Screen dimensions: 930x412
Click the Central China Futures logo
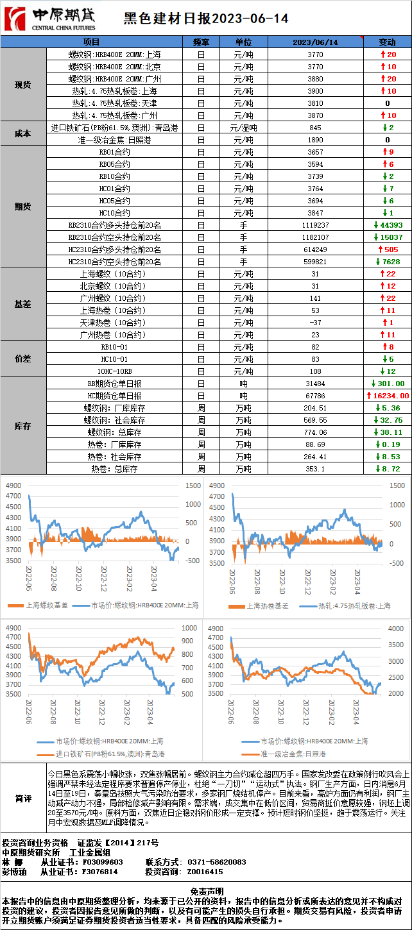point(50,19)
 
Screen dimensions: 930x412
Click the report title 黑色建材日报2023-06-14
point(206,19)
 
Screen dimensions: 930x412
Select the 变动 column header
point(387,42)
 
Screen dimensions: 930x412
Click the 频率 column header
point(201,42)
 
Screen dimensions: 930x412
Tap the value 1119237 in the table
point(315,225)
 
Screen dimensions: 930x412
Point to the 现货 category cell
point(23,85)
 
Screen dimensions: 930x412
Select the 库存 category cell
point(23,426)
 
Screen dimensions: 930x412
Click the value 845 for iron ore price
point(315,128)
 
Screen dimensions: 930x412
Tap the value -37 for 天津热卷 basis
point(315,323)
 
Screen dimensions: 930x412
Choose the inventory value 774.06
point(315,432)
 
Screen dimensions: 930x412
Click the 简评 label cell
point(24,799)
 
